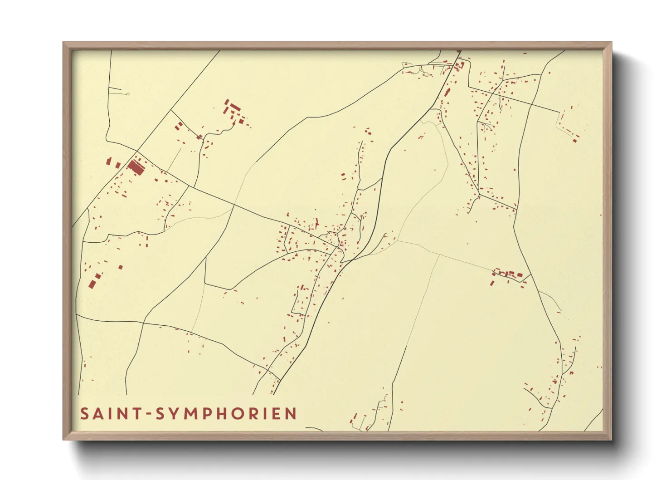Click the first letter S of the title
[x=85, y=414]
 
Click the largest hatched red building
[x=136, y=167]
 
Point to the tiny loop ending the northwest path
[x=128, y=94]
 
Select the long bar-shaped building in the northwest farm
[x=235, y=108]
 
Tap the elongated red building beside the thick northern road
[x=447, y=93]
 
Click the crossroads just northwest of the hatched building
[x=137, y=151]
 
